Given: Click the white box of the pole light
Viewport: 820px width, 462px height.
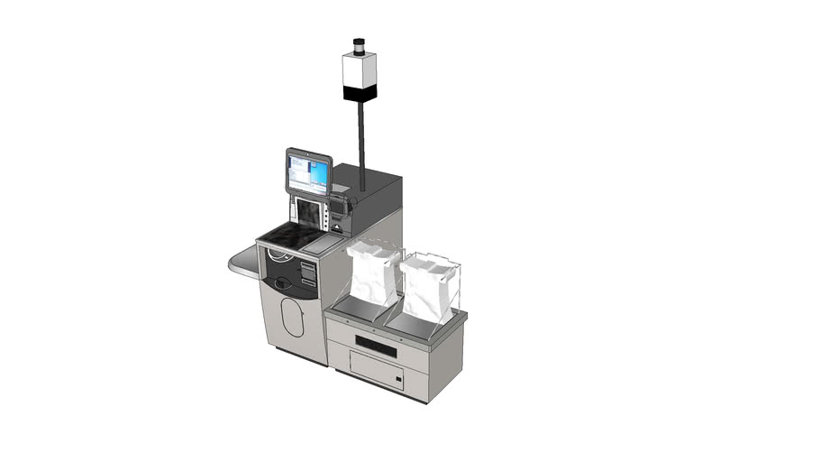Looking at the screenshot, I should (x=359, y=69).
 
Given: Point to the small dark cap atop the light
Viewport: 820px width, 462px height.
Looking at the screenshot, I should (x=359, y=43).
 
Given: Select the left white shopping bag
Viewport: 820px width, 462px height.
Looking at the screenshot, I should (x=373, y=275).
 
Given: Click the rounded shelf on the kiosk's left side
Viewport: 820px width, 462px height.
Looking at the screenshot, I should (x=242, y=263).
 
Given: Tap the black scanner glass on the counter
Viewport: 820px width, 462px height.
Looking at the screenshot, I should (x=287, y=236).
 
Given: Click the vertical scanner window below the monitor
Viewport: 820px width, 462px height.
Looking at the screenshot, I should (x=308, y=213).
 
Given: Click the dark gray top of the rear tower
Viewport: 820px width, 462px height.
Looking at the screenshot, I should (x=369, y=180).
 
